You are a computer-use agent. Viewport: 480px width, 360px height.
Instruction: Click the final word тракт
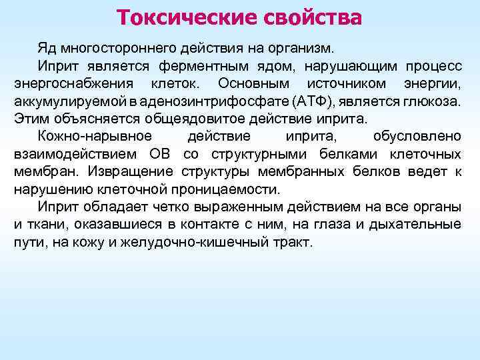(293, 242)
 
